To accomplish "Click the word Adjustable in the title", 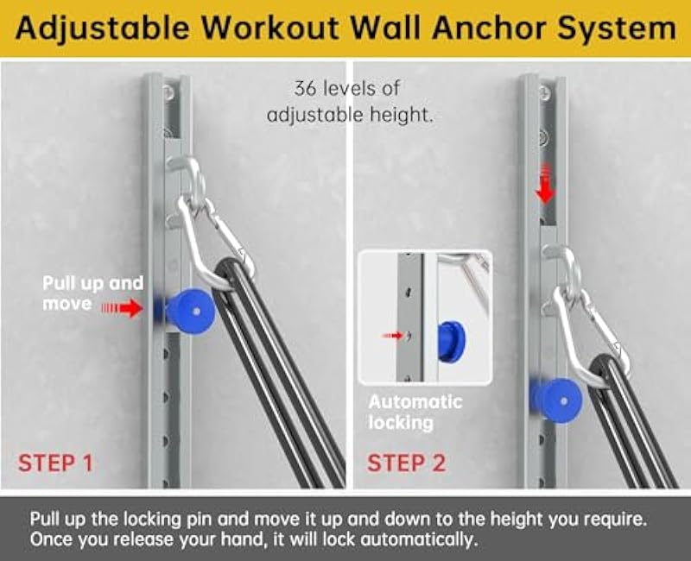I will point(97,28).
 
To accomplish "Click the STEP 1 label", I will point(55,463).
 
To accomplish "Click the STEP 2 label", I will point(407,463).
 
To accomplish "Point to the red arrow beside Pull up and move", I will point(123,306).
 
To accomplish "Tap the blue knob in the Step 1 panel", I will point(188,307).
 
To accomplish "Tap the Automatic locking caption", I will point(415,413).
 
